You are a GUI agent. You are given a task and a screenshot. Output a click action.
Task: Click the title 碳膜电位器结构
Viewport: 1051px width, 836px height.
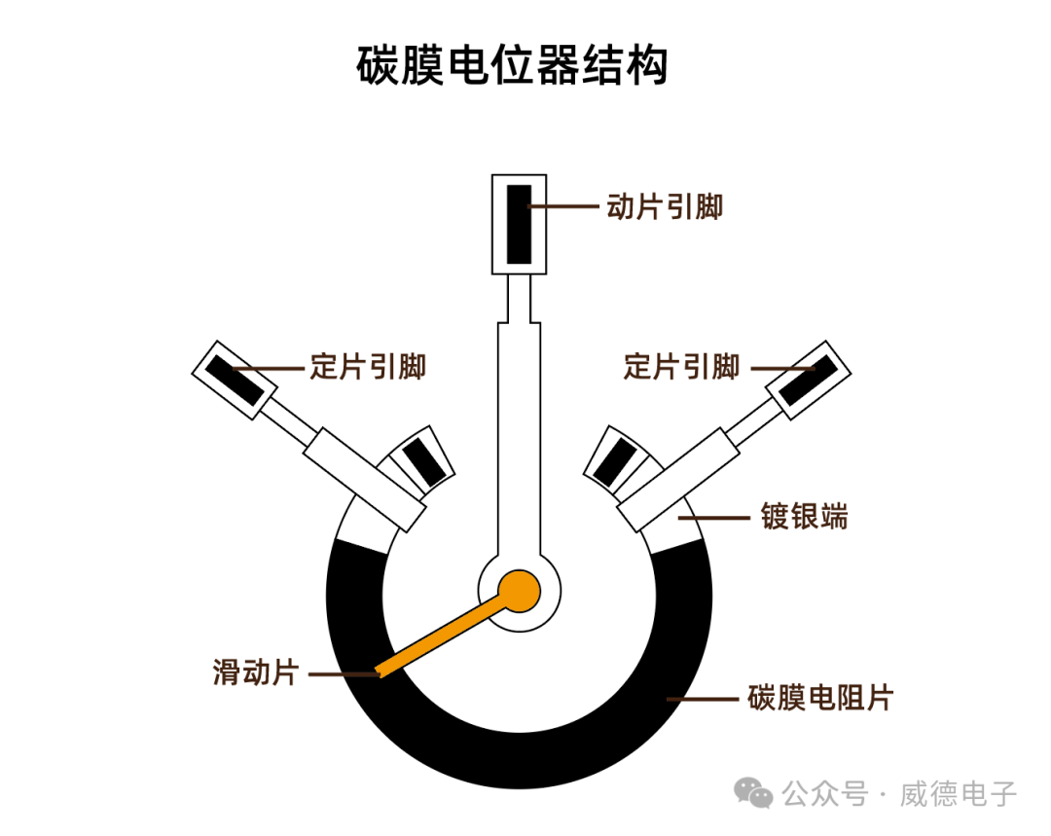(x=512, y=65)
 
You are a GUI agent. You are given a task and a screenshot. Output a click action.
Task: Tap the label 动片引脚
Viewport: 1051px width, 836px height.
(x=665, y=206)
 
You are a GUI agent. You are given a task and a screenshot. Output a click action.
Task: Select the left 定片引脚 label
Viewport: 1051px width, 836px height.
(x=368, y=367)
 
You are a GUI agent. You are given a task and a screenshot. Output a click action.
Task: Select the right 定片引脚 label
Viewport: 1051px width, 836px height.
(x=681, y=367)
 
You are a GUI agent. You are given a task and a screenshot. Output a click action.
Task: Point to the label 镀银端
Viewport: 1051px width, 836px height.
(x=804, y=516)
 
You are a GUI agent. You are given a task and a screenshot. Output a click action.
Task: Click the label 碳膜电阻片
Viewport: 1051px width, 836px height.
(x=819, y=698)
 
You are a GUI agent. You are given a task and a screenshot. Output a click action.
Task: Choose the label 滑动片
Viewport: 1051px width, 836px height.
(x=254, y=672)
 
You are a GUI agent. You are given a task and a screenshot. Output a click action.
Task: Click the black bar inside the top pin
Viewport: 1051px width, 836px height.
(x=518, y=224)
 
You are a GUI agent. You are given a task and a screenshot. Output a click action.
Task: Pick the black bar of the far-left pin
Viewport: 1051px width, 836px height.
(x=234, y=381)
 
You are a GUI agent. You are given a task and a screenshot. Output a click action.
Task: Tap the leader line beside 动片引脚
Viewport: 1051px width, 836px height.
(x=564, y=206)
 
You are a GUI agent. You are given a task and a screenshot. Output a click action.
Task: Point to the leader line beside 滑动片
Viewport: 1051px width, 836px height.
(x=341, y=672)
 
